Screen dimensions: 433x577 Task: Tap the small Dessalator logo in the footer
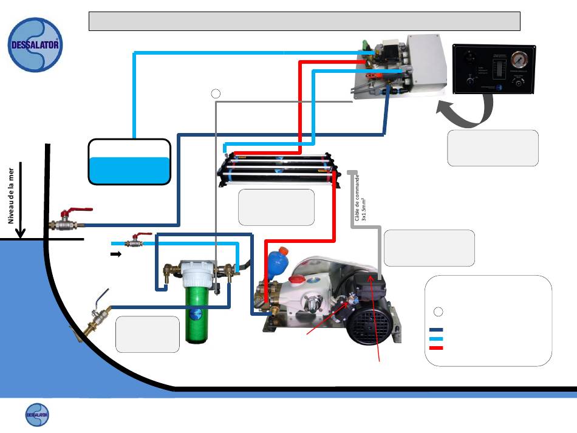point(37,415)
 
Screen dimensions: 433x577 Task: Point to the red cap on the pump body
point(298,279)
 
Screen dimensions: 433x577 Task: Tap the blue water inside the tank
point(129,169)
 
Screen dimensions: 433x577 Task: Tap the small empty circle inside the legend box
point(440,311)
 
